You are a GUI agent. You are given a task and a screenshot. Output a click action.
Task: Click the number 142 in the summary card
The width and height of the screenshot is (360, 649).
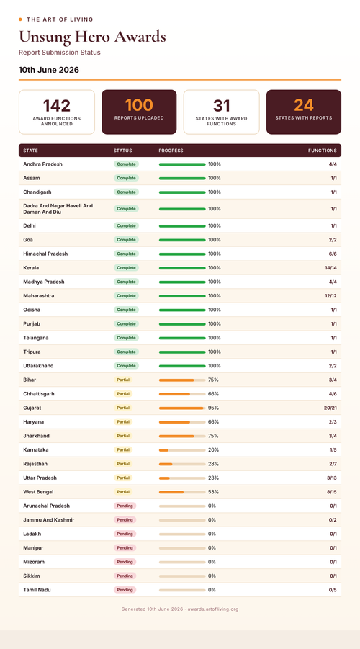(57, 106)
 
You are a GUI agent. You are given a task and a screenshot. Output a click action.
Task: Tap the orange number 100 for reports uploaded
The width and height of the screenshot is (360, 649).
(139, 105)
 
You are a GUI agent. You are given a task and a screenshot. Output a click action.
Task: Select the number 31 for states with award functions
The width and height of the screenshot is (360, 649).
(221, 106)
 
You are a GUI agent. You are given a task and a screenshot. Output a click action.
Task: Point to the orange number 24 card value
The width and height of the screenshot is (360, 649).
(304, 105)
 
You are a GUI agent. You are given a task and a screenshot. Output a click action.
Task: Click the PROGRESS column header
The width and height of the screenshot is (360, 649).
(171, 151)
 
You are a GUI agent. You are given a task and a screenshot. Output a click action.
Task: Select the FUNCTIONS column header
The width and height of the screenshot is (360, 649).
(323, 151)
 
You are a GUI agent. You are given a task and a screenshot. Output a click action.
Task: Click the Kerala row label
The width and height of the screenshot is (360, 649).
(31, 268)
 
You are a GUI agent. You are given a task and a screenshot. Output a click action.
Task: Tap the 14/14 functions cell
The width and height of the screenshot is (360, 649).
(330, 268)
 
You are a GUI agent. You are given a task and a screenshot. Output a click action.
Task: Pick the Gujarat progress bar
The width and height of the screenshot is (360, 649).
(182, 408)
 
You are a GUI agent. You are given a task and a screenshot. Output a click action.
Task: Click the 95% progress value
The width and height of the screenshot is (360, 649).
(214, 408)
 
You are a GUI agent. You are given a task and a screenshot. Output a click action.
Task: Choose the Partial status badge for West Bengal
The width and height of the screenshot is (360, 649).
(123, 492)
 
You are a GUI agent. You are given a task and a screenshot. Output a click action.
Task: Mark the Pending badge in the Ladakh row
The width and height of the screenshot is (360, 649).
(125, 534)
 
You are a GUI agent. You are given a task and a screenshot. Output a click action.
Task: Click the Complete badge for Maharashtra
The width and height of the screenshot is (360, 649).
(126, 296)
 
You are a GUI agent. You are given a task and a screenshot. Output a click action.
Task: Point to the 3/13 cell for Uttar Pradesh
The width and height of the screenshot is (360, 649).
(331, 478)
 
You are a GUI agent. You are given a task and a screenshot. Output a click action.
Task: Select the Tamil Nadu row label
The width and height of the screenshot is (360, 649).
(37, 590)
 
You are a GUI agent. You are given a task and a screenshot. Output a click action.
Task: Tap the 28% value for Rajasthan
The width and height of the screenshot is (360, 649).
(214, 464)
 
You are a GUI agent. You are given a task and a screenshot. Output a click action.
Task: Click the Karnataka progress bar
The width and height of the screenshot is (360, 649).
(182, 450)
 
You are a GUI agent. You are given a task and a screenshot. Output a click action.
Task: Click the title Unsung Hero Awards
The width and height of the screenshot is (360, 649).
(92, 37)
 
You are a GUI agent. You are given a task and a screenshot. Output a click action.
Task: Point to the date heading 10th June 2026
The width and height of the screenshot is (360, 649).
(49, 70)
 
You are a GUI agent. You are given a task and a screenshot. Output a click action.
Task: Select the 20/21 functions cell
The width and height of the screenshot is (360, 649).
(330, 408)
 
